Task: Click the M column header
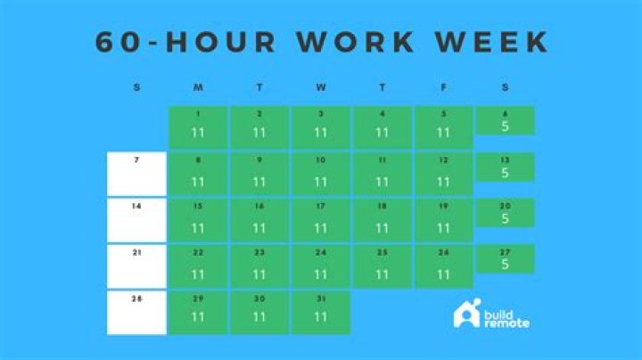click(x=197, y=87)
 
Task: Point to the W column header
click(x=321, y=87)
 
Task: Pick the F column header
click(x=444, y=87)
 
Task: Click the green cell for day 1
click(x=197, y=127)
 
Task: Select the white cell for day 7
click(x=136, y=173)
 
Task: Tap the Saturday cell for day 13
click(x=505, y=167)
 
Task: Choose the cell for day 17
click(x=321, y=219)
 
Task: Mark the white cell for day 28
click(x=136, y=312)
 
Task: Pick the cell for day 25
click(x=383, y=266)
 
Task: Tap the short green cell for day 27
click(x=505, y=259)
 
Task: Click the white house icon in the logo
click(x=465, y=314)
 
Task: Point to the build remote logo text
click(x=506, y=318)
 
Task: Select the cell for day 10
click(x=321, y=173)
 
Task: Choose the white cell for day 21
click(x=136, y=266)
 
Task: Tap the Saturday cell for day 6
click(x=505, y=120)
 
